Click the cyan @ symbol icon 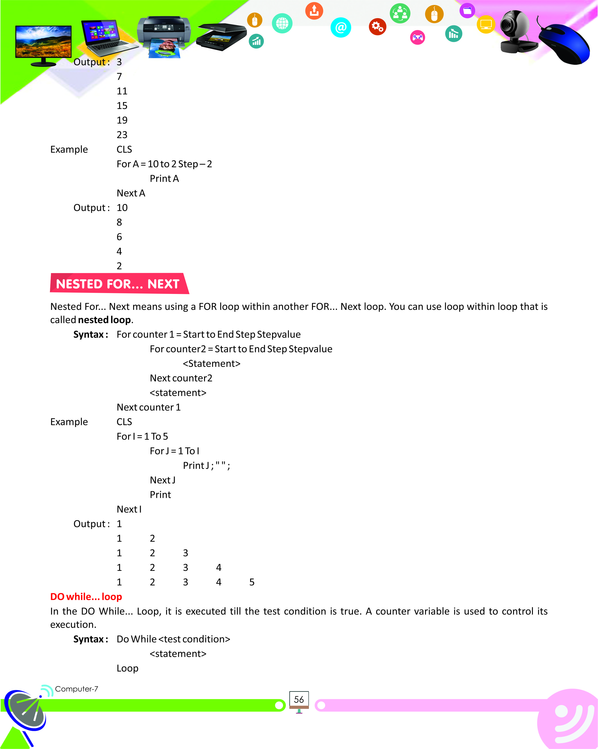[x=341, y=27]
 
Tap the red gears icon [x=377, y=27]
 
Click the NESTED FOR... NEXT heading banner [x=118, y=284]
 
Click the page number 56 [x=299, y=699]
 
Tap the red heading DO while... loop [x=86, y=596]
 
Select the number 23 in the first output [x=122, y=135]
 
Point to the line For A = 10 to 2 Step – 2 [x=164, y=164]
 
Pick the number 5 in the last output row [x=252, y=582]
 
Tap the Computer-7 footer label [x=77, y=689]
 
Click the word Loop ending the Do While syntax [x=128, y=668]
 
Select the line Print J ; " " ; [x=206, y=466]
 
